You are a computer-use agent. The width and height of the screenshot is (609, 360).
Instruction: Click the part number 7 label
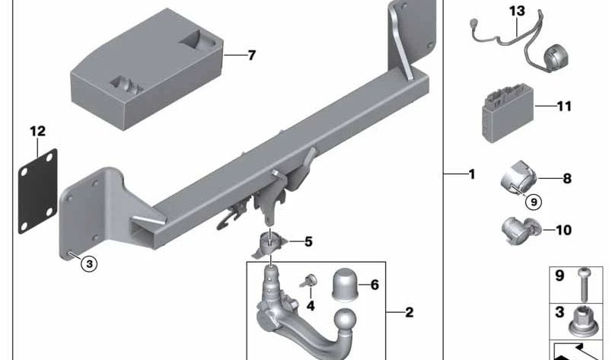pos(252,56)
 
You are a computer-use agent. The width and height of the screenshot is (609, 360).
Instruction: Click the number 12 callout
pos(37,131)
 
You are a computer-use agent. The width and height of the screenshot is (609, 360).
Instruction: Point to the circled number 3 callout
pos(89,264)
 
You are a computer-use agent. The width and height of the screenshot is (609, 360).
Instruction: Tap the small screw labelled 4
pos(310,282)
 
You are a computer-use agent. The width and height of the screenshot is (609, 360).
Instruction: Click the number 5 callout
pos(308,242)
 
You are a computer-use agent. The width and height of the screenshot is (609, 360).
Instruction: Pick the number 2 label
pos(409,312)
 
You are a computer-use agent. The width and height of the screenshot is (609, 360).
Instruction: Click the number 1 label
pos(471,174)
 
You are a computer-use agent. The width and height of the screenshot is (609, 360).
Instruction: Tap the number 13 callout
pos(517,11)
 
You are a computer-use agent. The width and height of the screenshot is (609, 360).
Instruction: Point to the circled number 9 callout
pos(533,202)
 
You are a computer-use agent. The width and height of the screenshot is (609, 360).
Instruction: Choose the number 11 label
pos(563,107)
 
